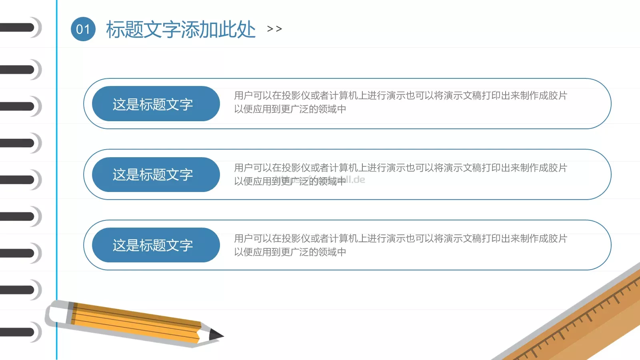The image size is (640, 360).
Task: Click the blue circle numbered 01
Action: (x=83, y=29)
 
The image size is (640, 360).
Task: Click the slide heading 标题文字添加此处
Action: (x=180, y=30)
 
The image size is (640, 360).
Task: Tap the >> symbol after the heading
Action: (x=274, y=29)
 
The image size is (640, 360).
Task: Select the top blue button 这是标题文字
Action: (x=156, y=104)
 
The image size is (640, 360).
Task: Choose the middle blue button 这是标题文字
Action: (x=156, y=174)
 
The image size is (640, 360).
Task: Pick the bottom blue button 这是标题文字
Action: (x=156, y=245)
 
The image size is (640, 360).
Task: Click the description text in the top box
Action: (x=400, y=102)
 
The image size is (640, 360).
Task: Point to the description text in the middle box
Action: (x=400, y=174)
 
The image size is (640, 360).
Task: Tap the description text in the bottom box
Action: (x=400, y=245)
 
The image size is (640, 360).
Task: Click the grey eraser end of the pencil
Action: (x=56, y=312)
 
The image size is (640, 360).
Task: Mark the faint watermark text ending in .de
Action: (x=352, y=180)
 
